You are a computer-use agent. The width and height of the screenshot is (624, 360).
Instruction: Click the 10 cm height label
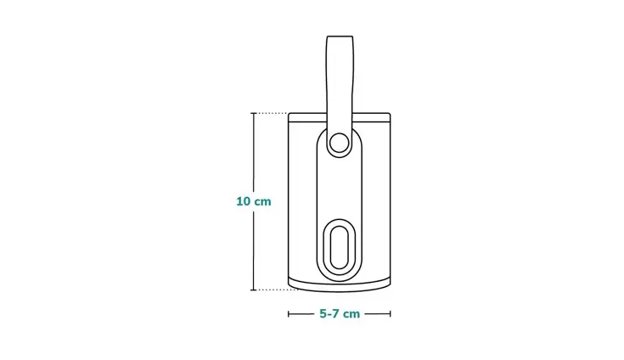pos(253,201)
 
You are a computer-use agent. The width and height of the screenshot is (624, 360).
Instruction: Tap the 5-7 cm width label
pos(340,313)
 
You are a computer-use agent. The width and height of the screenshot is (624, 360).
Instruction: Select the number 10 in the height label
pos(244,201)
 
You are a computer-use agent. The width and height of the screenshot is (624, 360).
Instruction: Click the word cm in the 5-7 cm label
pos(351,313)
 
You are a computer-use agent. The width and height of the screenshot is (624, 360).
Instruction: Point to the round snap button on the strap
pos(340,143)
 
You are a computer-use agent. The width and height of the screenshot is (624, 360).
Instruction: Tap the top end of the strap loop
pos(340,40)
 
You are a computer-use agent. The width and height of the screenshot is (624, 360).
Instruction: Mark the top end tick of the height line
pos(253,113)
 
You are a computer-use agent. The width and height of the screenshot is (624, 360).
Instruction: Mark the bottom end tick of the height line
pos(253,290)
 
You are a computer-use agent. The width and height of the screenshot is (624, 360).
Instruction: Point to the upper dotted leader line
pos(272,113)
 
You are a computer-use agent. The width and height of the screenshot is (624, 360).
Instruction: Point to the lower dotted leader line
pos(272,290)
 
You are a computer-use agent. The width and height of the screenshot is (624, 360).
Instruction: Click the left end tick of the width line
pos(289,313)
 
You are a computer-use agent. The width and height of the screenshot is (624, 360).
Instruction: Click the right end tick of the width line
pos(391,313)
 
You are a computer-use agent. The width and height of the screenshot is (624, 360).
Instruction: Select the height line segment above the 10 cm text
pos(253,153)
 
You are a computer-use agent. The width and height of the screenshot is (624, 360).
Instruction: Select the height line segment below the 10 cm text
pos(253,250)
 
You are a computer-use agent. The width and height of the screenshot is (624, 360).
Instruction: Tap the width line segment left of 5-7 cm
pos(301,313)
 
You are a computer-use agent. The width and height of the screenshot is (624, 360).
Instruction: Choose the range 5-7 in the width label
pos(329,313)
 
